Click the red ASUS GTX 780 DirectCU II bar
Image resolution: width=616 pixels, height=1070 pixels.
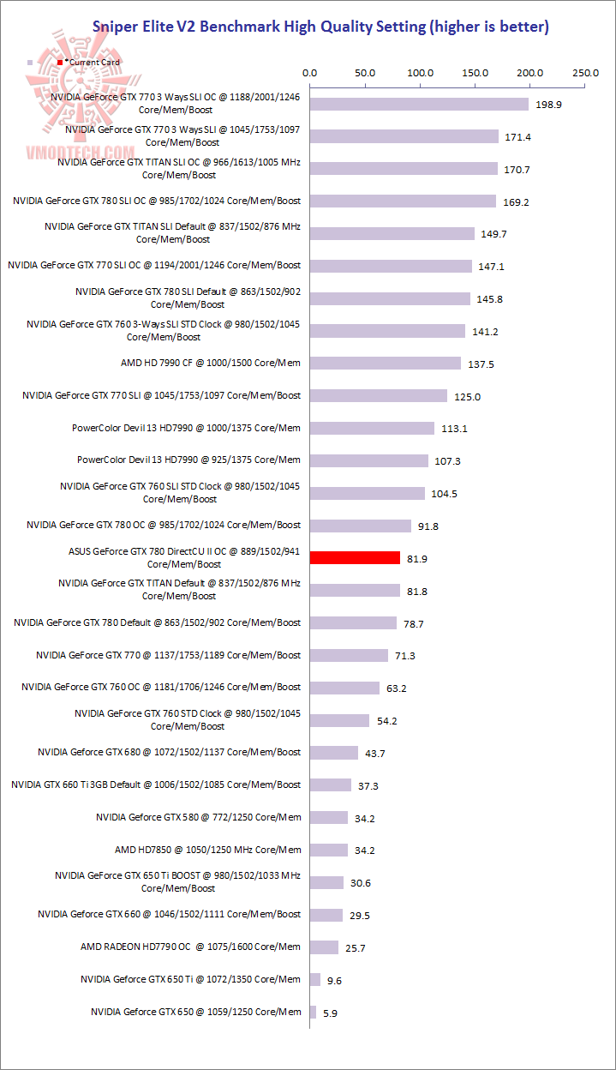(x=355, y=558)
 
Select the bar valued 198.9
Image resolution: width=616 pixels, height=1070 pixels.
(x=419, y=104)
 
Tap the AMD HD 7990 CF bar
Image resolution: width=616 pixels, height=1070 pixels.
(x=386, y=364)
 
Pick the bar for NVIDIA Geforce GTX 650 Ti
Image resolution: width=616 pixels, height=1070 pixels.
(x=315, y=979)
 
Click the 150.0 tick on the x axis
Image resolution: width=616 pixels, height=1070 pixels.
(x=475, y=73)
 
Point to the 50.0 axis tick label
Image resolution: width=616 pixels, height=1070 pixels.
(x=365, y=73)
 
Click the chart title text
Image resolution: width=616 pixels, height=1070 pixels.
(x=320, y=27)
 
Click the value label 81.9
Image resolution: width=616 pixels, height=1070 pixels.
(x=417, y=559)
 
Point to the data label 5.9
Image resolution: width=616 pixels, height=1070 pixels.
(x=331, y=1013)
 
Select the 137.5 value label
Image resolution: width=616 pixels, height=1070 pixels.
(x=481, y=364)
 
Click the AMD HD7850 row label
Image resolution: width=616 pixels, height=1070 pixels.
(x=208, y=850)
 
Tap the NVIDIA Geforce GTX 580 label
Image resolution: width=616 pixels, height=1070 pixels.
(x=198, y=817)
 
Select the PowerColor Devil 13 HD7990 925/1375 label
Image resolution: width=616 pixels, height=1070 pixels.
(x=188, y=460)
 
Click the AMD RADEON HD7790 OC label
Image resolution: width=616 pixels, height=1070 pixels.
(x=190, y=947)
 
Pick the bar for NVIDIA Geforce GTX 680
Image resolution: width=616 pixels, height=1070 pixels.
(x=334, y=753)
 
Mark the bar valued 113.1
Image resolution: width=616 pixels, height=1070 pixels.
(x=372, y=428)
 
